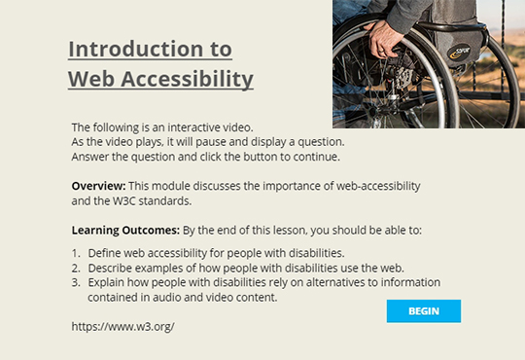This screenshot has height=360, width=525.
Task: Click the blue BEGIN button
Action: pos(423,311)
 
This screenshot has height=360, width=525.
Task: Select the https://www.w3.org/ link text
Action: pos(122,327)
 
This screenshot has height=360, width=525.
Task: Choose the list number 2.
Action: pos(76,269)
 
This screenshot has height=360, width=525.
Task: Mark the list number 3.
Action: pos(76,283)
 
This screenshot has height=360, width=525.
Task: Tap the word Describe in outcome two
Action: pos(111,269)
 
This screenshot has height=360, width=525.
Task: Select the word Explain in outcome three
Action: pos(108,283)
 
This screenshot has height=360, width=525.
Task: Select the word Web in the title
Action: pos(90,78)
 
